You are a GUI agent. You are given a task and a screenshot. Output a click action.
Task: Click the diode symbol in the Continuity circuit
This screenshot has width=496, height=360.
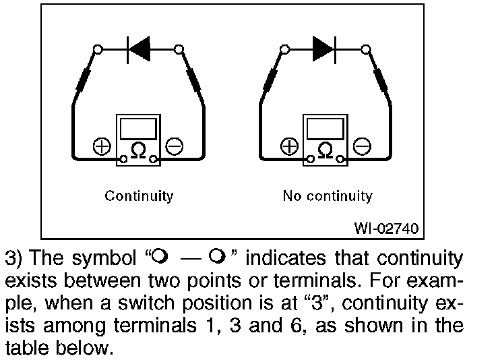(x=139, y=49)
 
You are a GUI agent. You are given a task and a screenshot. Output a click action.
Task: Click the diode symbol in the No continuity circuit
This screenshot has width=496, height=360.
(x=325, y=49)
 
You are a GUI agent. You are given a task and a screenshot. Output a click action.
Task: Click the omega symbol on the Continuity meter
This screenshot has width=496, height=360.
(x=137, y=150)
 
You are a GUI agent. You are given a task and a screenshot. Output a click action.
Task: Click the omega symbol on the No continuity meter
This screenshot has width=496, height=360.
(x=325, y=150)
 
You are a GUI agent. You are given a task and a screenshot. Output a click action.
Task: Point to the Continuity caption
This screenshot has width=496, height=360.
(x=139, y=196)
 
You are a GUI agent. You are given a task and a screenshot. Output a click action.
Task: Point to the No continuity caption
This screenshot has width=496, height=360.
(x=327, y=196)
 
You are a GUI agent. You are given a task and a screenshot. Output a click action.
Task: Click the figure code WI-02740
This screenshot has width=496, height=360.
(x=386, y=229)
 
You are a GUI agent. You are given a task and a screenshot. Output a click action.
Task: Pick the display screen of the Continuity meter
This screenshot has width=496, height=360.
(x=137, y=128)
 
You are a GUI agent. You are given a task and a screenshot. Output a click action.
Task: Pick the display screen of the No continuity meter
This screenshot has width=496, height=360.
(x=325, y=128)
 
